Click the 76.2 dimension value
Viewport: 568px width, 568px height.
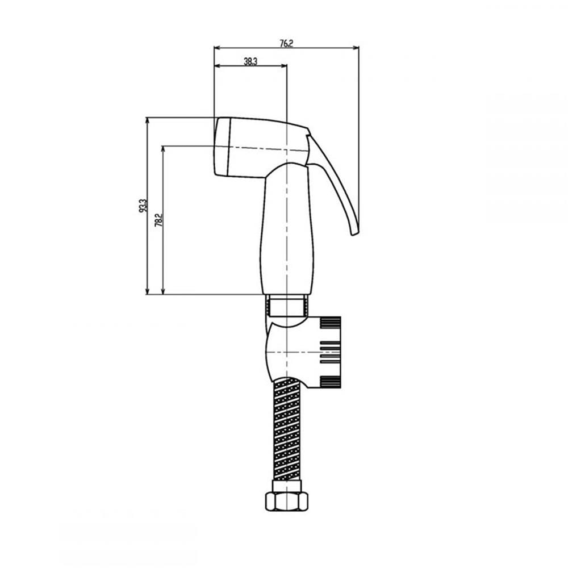click(286, 43)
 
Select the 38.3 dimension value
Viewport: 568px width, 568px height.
click(250, 61)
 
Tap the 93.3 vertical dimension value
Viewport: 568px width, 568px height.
click(144, 206)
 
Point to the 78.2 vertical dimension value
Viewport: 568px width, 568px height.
click(158, 220)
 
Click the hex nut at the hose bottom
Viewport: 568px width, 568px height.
click(287, 501)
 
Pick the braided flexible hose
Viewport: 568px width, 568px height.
click(287, 429)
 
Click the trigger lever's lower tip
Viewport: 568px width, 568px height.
click(356, 233)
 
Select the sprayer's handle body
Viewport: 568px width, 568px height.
click(287, 229)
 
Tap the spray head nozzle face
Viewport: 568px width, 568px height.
click(222, 147)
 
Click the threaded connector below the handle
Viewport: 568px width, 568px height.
click(287, 306)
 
